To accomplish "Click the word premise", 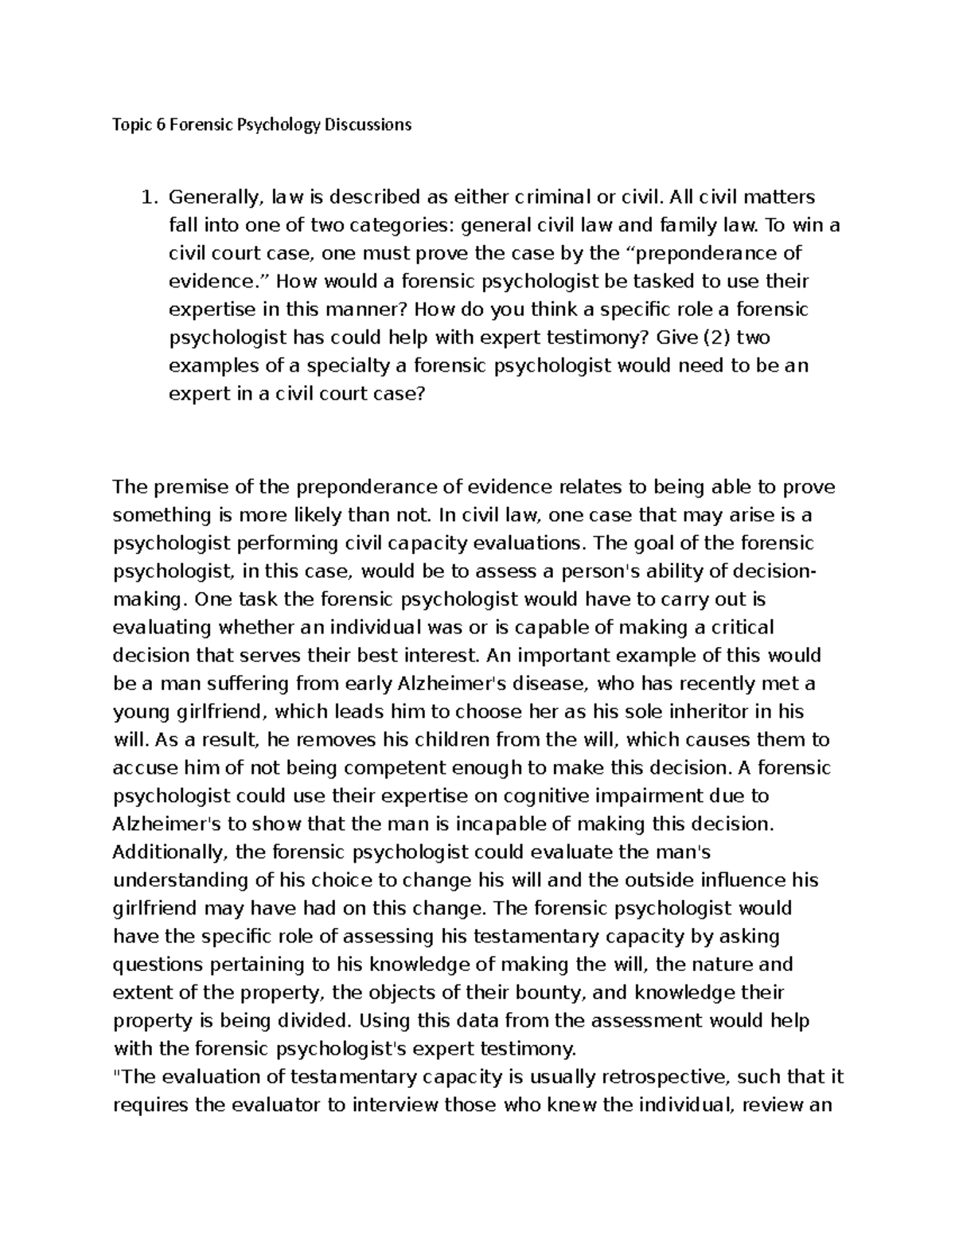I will (x=190, y=487).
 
